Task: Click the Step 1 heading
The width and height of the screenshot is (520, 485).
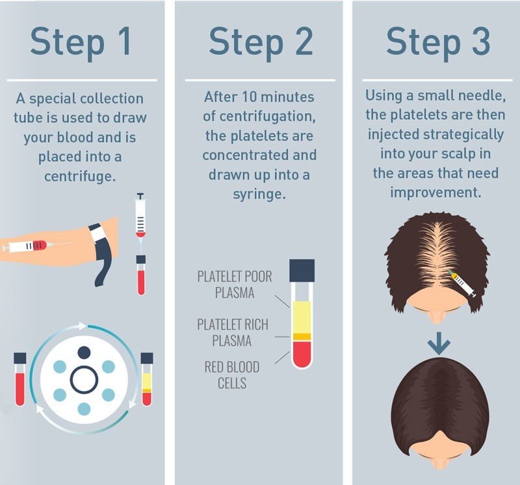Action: (x=81, y=42)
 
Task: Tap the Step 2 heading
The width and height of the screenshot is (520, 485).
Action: (x=261, y=42)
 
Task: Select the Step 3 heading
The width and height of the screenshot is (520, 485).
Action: (x=438, y=42)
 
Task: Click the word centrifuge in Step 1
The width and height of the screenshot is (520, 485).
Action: (x=80, y=176)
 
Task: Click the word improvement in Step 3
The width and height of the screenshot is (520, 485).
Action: (x=435, y=192)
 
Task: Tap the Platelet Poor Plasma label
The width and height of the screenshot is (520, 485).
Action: (x=235, y=285)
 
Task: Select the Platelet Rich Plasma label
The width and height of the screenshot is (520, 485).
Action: (x=233, y=333)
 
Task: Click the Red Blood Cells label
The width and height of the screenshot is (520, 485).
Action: (x=232, y=375)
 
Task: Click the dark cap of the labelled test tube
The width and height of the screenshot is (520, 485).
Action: (x=302, y=270)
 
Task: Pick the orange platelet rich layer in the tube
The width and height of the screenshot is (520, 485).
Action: (x=302, y=337)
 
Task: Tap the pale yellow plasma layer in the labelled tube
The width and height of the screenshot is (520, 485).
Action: (x=302, y=317)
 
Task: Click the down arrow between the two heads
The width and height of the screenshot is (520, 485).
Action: (x=439, y=343)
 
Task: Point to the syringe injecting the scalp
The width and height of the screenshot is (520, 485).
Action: (x=462, y=283)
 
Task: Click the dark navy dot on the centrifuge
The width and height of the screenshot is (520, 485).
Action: (x=84, y=352)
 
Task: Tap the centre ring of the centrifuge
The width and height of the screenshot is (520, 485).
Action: (x=84, y=366)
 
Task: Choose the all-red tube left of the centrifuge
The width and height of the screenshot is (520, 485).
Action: (x=20, y=379)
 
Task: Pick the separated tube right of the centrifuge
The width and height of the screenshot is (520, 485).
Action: (x=147, y=379)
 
